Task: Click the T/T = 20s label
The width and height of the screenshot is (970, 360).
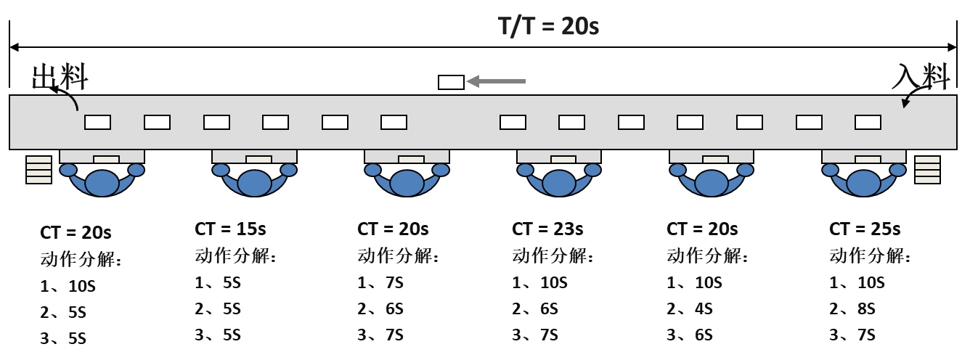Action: [548, 26]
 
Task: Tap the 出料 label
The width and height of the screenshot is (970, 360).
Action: [60, 77]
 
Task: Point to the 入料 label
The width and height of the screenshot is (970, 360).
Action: [921, 76]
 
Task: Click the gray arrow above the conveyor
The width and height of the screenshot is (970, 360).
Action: [495, 81]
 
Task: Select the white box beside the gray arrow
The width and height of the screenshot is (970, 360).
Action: [451, 82]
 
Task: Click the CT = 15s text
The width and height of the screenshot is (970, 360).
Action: [230, 229]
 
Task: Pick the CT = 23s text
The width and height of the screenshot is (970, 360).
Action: [547, 229]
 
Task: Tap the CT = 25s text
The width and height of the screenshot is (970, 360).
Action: [865, 229]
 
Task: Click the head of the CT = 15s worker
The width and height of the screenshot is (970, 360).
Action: [254, 182]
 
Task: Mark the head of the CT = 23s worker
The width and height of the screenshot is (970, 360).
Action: [559, 182]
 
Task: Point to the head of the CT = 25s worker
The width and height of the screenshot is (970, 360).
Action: [864, 182]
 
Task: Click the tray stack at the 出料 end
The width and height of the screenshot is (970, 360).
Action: [39, 170]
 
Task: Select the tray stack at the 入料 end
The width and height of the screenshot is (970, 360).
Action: [927, 170]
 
